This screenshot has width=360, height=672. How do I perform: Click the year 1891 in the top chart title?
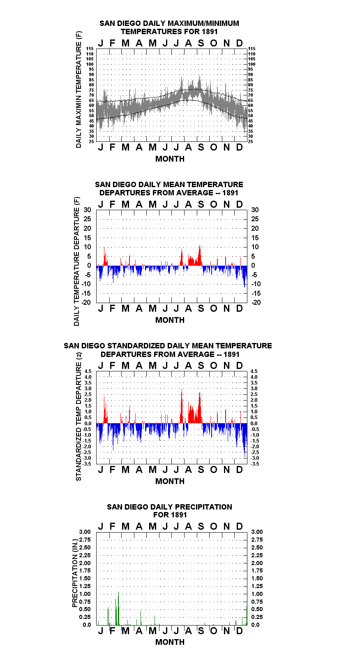[x=210, y=32]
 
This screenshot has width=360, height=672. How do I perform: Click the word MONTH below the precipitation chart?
[x=170, y=642]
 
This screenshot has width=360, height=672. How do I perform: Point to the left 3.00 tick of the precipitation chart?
[x=85, y=532]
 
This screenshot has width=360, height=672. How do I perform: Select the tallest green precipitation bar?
[x=118, y=608]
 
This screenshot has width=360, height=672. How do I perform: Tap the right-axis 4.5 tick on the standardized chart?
[x=254, y=371]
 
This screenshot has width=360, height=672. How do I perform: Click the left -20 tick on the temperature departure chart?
[x=86, y=302]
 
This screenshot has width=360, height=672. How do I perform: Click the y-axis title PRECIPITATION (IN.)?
[x=75, y=573]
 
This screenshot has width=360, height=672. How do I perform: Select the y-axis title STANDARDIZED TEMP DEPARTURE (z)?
[x=78, y=417]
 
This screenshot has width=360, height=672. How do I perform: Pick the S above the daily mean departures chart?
[x=201, y=204]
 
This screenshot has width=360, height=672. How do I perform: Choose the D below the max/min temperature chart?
[x=239, y=147]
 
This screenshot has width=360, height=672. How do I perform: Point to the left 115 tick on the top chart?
[x=90, y=49]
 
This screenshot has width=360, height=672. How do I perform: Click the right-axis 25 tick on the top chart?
[x=250, y=141]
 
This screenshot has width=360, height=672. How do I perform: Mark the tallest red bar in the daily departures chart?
[x=200, y=255]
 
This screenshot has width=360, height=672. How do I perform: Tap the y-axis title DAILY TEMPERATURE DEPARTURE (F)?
[x=77, y=261]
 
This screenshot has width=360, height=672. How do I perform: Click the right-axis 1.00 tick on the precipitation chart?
[x=257, y=594]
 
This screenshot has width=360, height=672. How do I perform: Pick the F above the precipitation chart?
[x=113, y=526]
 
